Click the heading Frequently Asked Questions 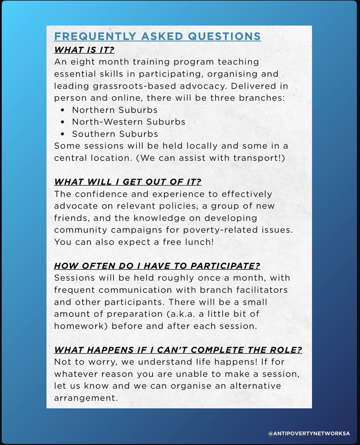(x=157, y=36)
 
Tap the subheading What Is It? (x=84, y=50)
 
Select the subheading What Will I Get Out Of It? (x=128, y=182)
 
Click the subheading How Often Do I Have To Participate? (x=157, y=266)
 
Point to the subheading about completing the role (x=178, y=350)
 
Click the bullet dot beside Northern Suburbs (x=62, y=110)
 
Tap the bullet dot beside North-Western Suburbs (x=62, y=122)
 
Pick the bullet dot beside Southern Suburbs (x=62, y=134)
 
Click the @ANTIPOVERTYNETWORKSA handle (x=309, y=433)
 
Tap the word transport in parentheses (x=256, y=158)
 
